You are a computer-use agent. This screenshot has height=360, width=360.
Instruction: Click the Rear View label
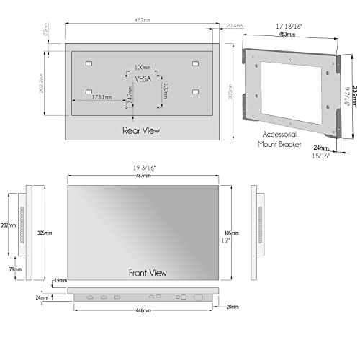point(140,130)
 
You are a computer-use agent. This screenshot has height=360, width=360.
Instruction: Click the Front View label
point(148,273)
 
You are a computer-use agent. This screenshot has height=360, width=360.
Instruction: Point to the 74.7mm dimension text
point(130,96)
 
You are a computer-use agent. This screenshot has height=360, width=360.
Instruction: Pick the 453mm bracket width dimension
point(289,33)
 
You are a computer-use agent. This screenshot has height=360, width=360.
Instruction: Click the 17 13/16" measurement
point(289,26)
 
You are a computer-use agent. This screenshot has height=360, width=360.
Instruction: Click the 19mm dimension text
point(60,280)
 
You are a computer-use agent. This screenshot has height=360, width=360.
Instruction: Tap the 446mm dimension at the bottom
point(143,310)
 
